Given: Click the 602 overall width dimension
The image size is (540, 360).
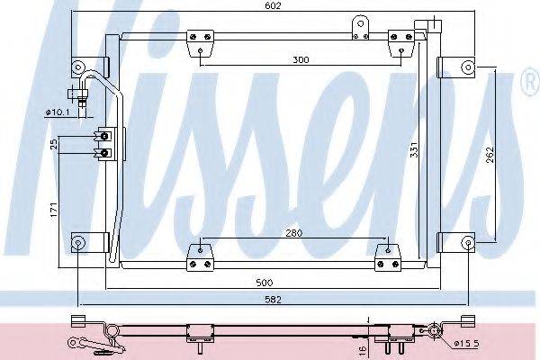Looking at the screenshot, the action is [x=273, y=6].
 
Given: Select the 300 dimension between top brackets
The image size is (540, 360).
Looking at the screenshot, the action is [x=301, y=59].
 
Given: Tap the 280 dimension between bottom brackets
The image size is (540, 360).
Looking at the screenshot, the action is [x=293, y=233].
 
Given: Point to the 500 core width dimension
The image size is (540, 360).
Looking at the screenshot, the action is [x=265, y=283].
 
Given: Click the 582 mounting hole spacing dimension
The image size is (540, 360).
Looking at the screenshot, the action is [x=273, y=300].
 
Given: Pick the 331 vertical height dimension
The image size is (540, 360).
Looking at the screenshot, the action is [x=414, y=149].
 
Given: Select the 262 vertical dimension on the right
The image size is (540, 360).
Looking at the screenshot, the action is [x=490, y=155].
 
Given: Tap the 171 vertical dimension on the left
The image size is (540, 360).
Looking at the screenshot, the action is [x=54, y=210].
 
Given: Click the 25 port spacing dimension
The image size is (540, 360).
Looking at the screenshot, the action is [x=54, y=144].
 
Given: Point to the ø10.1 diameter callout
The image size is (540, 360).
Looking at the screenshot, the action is [x=58, y=112].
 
